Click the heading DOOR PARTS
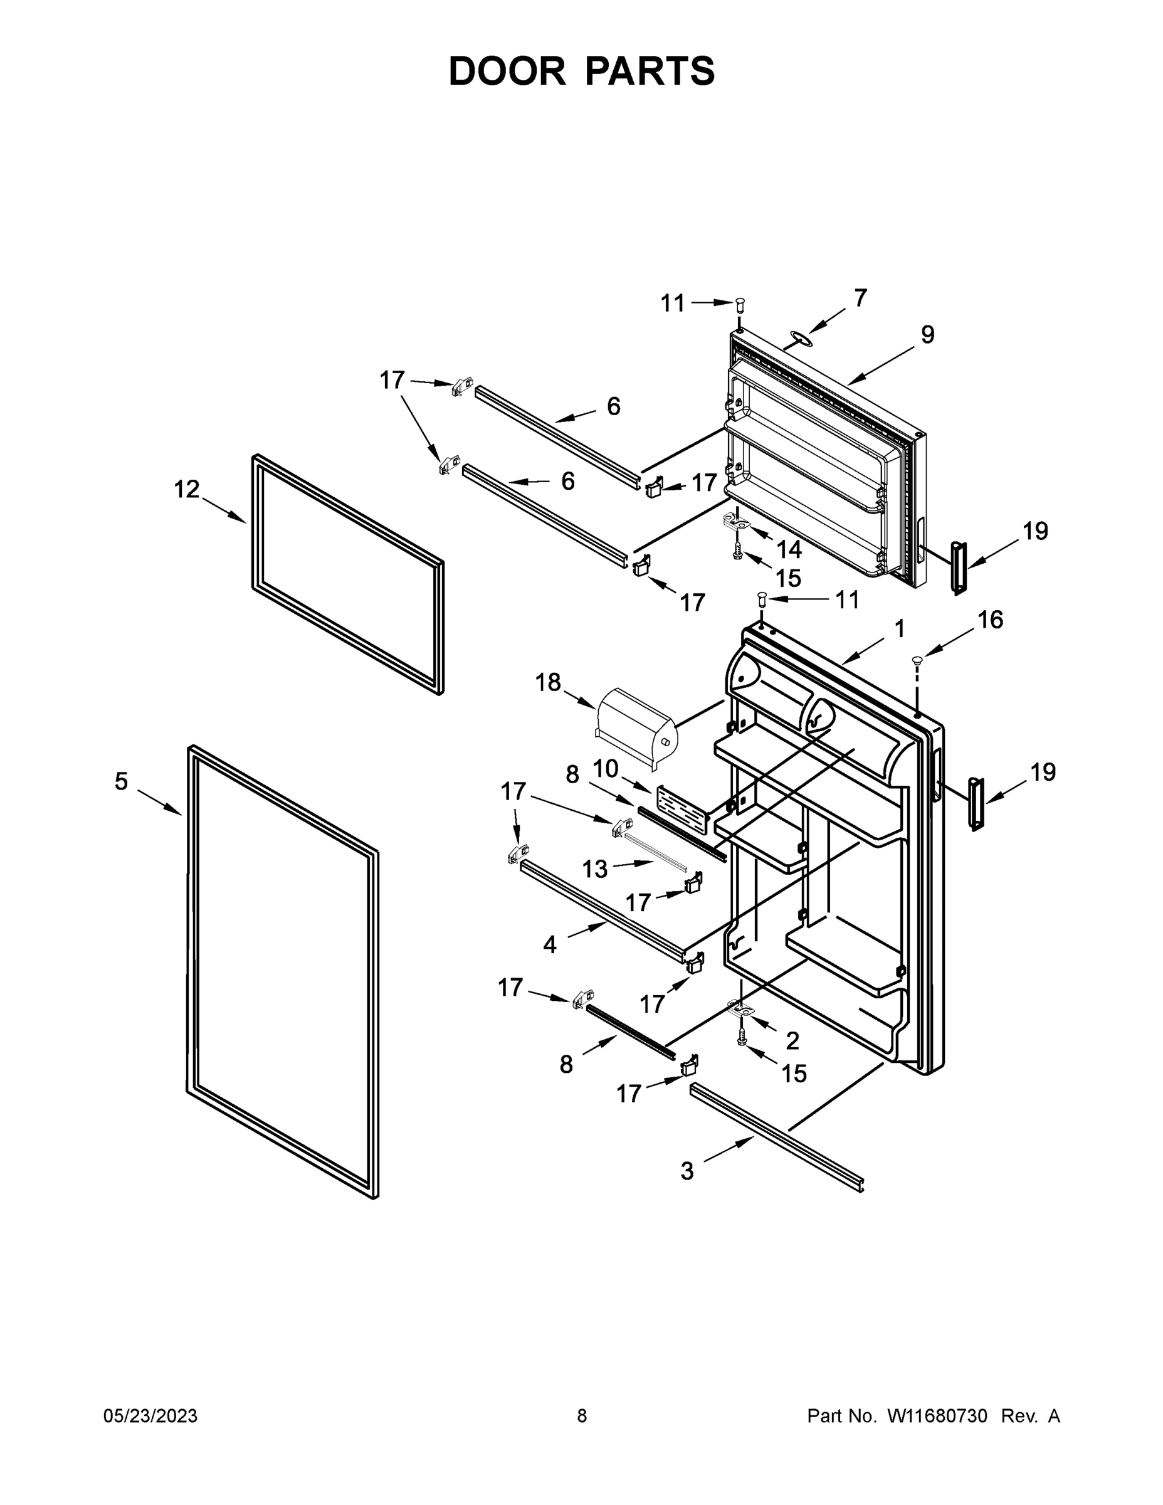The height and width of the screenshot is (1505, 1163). tap(582, 71)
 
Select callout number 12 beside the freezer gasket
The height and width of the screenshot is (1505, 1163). tap(186, 489)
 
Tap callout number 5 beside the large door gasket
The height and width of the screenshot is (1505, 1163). tap(121, 781)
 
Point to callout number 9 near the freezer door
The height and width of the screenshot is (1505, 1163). tap(927, 335)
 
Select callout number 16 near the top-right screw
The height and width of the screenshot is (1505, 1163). tap(990, 620)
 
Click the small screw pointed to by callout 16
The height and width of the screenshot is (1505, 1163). tap(917, 661)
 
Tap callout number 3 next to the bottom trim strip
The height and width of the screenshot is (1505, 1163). tap(687, 1171)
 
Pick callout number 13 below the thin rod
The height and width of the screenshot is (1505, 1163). tap(594, 869)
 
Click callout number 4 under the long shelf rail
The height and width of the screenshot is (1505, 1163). tap(549, 944)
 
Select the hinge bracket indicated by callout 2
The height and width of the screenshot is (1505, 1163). tap(740, 1010)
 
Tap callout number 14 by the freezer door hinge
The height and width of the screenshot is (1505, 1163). tap(789, 549)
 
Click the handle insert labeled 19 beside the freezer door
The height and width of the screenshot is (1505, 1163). tap(959, 566)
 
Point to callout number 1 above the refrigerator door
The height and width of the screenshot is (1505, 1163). tap(899, 628)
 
